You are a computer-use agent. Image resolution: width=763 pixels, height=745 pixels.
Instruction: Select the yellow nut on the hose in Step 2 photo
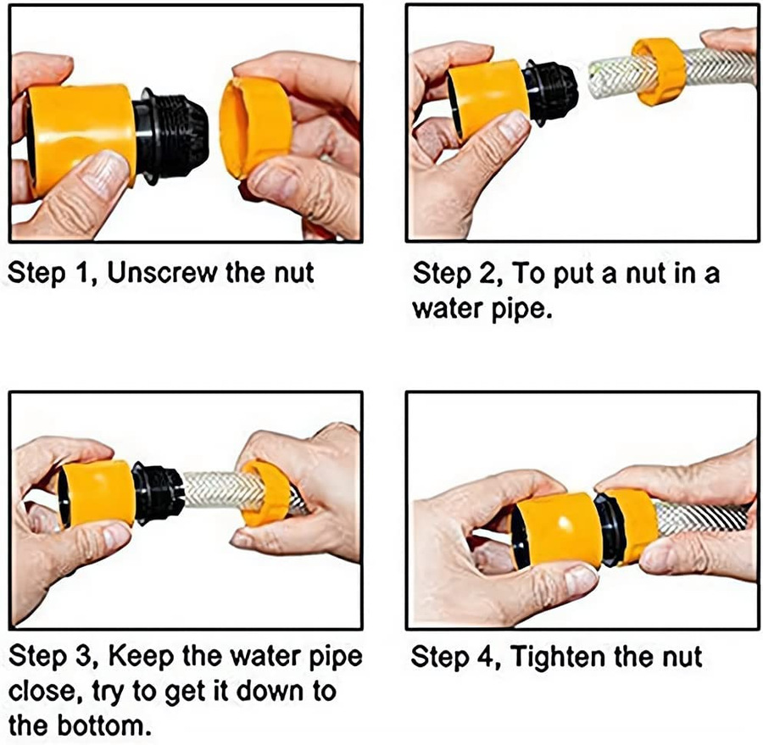pos(660,71)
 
